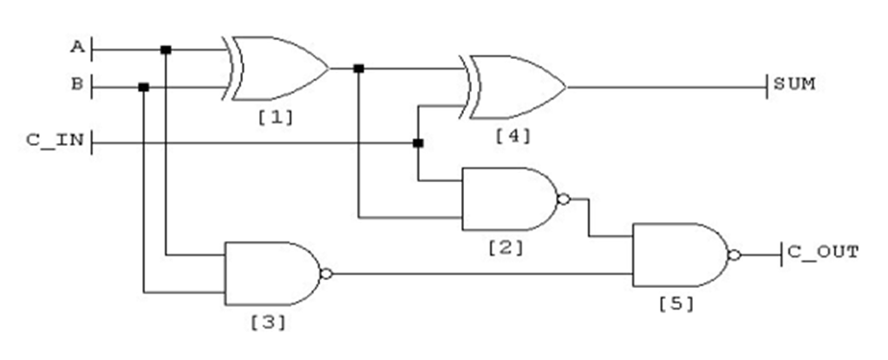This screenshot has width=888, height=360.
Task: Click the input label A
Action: pos(76,47)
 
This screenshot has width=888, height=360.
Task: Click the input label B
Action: pos(76,85)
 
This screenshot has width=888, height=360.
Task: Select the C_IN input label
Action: pos(54,141)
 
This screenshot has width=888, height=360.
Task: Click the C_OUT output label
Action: pos(823,252)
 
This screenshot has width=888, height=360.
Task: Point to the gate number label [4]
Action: pos(513,135)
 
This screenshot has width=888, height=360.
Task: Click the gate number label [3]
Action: pos(268,324)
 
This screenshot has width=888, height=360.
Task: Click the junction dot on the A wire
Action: pos(166,49)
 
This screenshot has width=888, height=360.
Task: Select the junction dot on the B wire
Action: pos(143,87)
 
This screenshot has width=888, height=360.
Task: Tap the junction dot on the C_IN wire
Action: pos(417,142)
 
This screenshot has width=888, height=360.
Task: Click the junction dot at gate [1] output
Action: pos(358,68)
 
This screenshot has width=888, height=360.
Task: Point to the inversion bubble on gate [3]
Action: pos(326,273)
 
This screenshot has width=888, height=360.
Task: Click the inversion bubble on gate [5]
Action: pos(735,255)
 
